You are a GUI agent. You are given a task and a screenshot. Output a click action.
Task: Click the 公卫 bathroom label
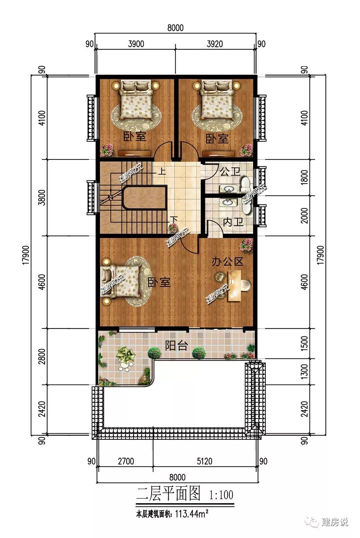[230, 172]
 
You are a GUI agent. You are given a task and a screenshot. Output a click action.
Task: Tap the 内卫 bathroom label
[233, 222]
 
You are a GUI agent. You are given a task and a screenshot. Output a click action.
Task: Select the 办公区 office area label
[227, 262]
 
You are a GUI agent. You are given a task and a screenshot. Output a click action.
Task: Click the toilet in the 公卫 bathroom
[246, 185]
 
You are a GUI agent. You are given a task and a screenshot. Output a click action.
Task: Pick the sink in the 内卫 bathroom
[227, 203]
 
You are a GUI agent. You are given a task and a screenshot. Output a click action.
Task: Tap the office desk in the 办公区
[235, 285]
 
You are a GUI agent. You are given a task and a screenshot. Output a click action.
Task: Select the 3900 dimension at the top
[136, 44]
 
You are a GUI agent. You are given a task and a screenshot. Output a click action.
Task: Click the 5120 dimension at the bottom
[204, 461]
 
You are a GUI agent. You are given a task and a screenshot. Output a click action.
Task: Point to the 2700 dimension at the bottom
[126, 461]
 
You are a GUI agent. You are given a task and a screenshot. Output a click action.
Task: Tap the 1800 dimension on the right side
[304, 177]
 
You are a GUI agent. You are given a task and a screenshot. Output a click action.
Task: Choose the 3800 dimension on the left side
[42, 198]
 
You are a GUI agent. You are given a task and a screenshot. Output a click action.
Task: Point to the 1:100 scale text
[221, 495]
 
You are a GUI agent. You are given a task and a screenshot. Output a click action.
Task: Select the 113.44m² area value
[192, 515]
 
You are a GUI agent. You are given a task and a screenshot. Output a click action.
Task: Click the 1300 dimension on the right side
[304, 371]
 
